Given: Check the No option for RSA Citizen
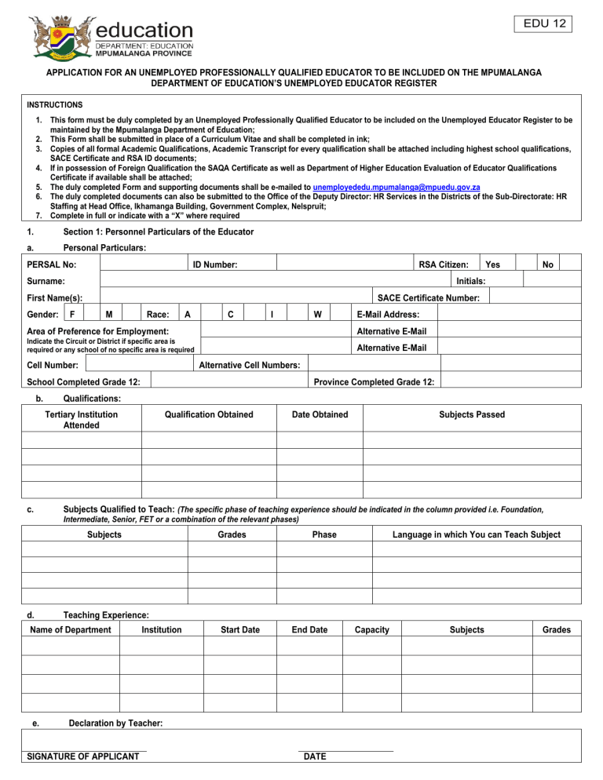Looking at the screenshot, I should [x=548, y=265].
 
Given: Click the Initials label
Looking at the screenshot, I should [x=471, y=281].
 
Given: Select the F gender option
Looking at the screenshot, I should [x=72, y=315].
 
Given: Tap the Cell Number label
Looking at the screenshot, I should [x=53, y=365].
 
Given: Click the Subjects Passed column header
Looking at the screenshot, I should [x=472, y=414].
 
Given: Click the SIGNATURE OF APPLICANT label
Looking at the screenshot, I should [x=83, y=756].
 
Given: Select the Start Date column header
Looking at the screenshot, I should [x=240, y=629].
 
